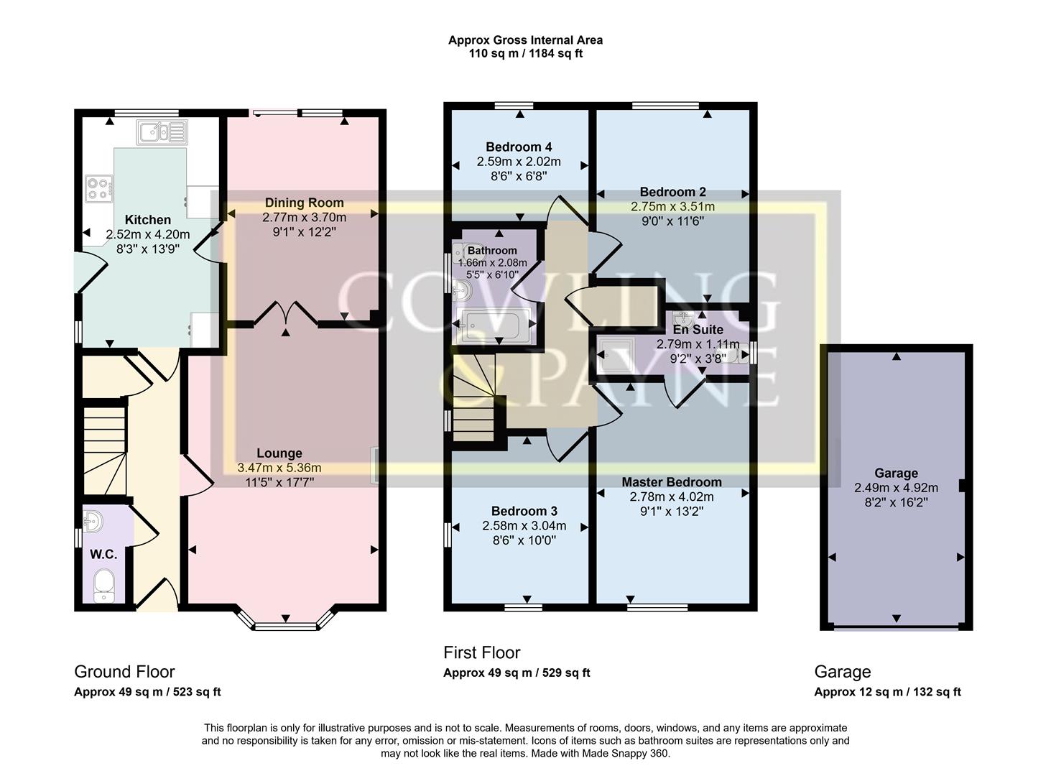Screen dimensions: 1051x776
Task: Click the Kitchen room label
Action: [147, 220]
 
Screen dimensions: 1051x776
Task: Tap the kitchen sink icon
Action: [162, 131]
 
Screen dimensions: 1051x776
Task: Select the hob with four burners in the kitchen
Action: [99, 189]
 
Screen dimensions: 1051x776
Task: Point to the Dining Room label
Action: [304, 203]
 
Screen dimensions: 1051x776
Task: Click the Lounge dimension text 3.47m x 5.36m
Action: [279, 468]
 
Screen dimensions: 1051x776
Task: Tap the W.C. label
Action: [103, 554]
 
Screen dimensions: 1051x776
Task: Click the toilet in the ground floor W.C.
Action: [103, 586]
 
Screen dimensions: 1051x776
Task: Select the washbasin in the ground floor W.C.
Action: [93, 522]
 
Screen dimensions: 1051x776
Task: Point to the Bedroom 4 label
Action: [519, 147]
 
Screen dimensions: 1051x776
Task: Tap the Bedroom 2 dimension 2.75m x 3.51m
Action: [672, 207]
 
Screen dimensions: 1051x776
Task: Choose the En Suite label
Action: [698, 330]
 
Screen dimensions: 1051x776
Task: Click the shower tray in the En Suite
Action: [615, 354]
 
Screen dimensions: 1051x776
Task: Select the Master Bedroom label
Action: [672, 482]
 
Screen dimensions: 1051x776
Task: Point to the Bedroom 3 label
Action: [524, 511]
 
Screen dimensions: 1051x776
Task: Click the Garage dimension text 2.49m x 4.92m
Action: [896, 488]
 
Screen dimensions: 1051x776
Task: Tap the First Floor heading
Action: [482, 652]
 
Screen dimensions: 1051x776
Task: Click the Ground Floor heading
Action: [124, 672]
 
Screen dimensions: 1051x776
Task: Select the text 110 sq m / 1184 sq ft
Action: [526, 54]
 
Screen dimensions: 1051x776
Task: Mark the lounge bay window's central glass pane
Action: [286, 627]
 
